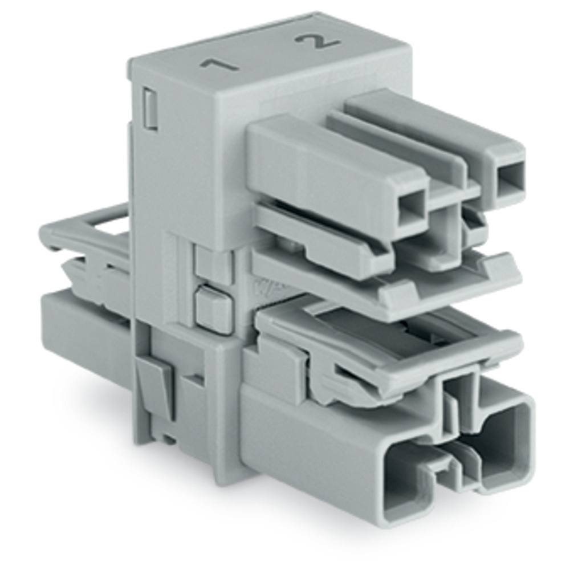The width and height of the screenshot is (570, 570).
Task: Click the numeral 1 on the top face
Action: point(219,64)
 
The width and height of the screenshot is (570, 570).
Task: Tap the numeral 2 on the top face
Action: point(317,42)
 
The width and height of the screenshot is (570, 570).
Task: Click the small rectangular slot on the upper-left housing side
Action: point(150,109)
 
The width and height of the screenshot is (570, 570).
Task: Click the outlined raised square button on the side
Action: point(213,308)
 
